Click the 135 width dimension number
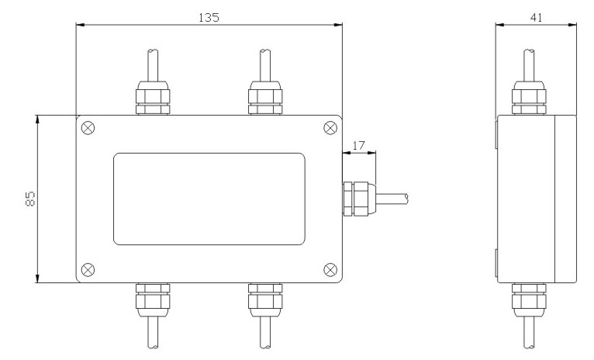[209, 17]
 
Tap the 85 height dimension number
[31, 198]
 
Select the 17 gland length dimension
[358, 146]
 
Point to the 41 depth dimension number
[536, 17]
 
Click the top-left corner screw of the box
[88, 128]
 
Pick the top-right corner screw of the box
[330, 128]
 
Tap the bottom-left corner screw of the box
[88, 270]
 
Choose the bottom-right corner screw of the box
[330, 270]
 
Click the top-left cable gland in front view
[153, 98]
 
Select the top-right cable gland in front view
[265, 98]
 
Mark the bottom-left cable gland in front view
[153, 299]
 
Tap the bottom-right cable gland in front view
[265, 299]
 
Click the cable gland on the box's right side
[360, 199]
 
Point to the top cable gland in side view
[529, 98]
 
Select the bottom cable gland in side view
[529, 299]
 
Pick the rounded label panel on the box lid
[209, 199]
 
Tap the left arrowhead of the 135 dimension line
[81, 25]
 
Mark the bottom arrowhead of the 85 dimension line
[37, 279]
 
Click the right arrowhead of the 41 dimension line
[572, 25]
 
